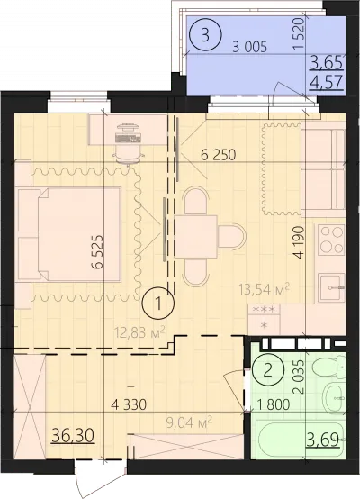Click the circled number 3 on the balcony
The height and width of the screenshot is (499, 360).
tap(205, 35)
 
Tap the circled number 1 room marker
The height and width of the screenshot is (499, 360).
tap(158, 303)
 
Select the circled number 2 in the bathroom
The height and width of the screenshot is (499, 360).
tap(268, 370)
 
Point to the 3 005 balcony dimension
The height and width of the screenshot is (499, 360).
tap(250, 48)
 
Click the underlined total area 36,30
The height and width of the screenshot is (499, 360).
tap(73, 435)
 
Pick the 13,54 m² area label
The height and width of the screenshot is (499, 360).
tap(265, 289)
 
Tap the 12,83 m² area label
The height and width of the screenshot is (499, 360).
tap(140, 332)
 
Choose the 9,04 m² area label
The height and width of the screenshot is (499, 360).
tap(189, 422)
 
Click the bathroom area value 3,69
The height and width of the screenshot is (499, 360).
tap(323, 440)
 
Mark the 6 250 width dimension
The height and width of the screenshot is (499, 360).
tap(219, 155)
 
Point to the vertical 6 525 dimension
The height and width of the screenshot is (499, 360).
tap(98, 252)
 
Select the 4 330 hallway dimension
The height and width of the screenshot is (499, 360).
tap(129, 404)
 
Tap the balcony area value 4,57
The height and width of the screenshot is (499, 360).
tap(327, 82)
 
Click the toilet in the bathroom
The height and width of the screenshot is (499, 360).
tap(329, 367)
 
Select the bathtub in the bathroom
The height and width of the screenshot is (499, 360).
tap(301, 440)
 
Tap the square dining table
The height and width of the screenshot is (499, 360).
tap(195, 237)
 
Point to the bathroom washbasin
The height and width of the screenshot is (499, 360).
tap(334, 398)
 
